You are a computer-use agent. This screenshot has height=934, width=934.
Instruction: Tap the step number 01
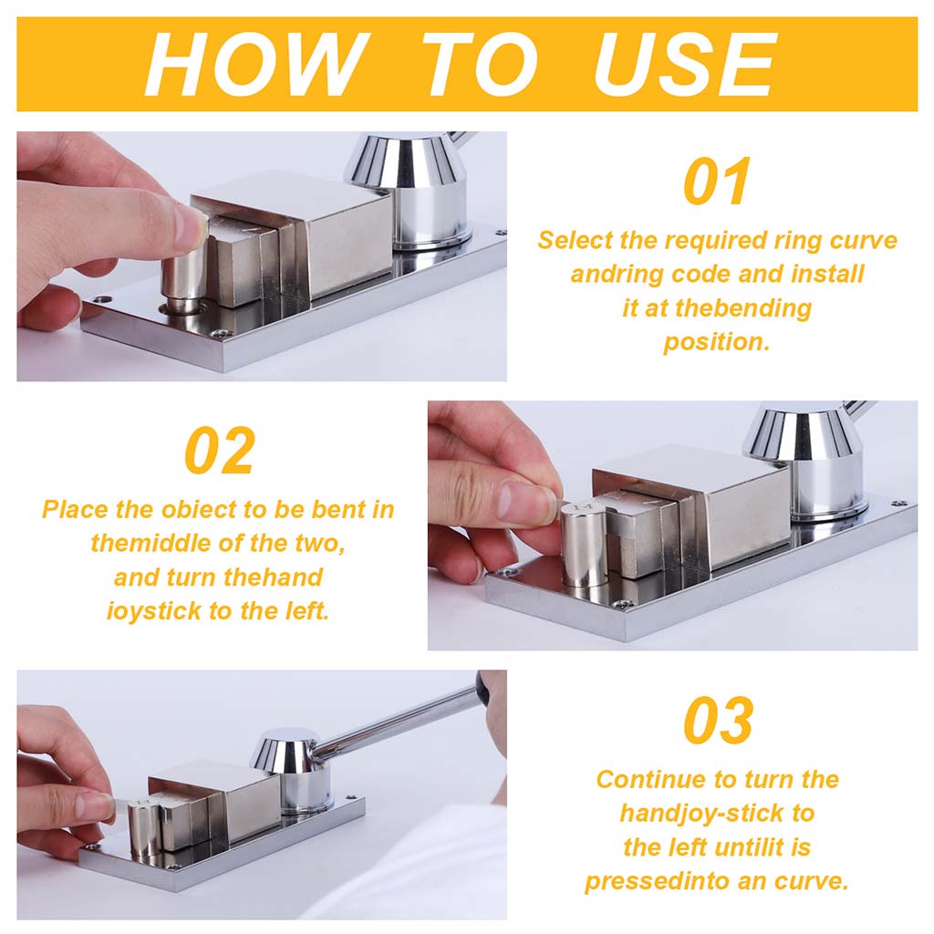tap(717, 182)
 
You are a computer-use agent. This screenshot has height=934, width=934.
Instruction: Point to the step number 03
tap(719, 721)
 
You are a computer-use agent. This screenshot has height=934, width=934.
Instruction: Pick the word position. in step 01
tap(717, 342)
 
